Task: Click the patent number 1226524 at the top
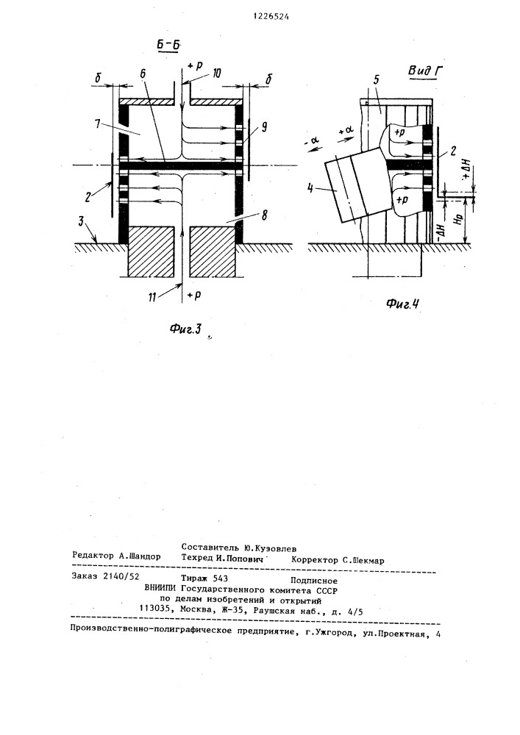[271, 16]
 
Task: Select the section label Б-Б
[169, 46]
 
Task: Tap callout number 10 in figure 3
[217, 73]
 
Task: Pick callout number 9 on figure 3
[265, 126]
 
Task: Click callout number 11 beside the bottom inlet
[152, 297]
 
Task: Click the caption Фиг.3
[185, 329]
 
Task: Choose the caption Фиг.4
[402, 304]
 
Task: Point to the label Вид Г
[425, 71]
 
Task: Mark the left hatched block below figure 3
[152, 251]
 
